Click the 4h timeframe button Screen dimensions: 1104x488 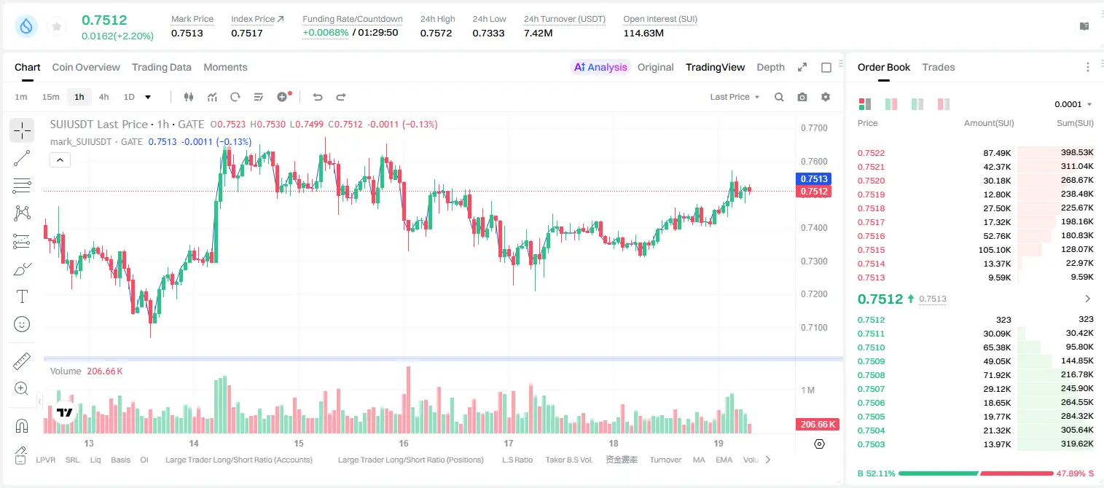103,97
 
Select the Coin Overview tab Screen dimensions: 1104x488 86,67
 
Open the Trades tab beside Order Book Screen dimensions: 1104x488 939,67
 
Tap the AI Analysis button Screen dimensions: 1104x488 600,67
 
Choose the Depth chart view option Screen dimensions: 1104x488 770,67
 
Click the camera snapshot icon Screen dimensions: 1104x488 802,97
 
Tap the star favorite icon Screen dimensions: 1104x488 57,26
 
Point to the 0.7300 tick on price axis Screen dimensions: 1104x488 814,261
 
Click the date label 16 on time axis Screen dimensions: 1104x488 404,443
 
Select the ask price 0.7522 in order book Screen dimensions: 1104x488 871,153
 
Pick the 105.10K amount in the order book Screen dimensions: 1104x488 995,250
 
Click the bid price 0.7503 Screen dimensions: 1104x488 871,444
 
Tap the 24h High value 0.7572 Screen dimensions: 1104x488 436,33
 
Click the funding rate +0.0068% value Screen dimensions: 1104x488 325,33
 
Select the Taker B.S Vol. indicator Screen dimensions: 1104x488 568,460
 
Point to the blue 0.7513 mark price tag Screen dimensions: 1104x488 814,178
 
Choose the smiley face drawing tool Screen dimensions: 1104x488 22,324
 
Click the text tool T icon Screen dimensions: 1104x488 22,296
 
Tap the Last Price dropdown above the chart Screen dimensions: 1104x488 735,97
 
